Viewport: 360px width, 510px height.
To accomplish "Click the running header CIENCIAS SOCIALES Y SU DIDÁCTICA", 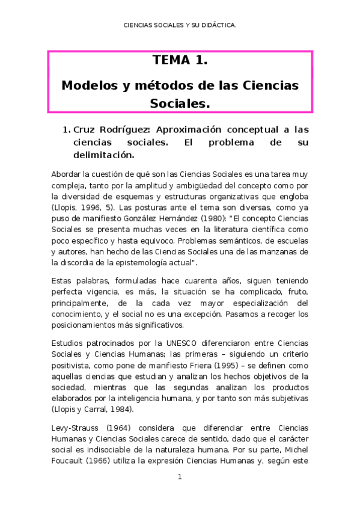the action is pos(179,26).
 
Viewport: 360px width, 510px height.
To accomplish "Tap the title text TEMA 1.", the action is pos(180,61).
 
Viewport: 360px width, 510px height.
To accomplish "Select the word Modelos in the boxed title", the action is pos(89,85).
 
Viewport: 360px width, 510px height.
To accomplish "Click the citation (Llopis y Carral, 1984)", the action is pos(93,409).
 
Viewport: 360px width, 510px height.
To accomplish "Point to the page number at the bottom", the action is pos(179,477).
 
